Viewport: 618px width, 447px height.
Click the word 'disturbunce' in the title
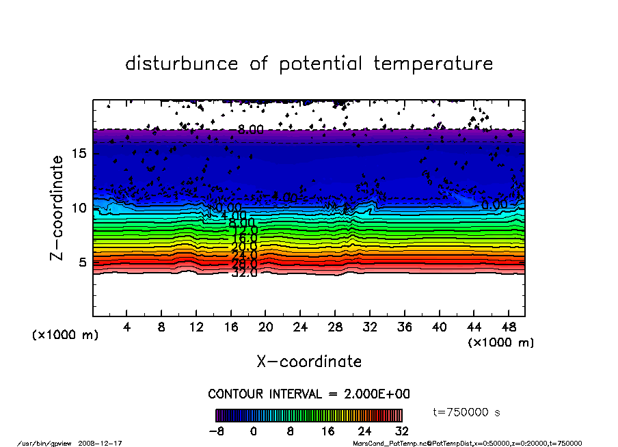182,64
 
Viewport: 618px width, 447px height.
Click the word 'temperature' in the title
433,64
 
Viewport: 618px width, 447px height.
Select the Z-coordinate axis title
57,208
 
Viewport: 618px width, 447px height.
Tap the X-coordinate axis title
309,361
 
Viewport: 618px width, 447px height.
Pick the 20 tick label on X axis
265,326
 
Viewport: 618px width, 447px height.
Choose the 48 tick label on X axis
508,326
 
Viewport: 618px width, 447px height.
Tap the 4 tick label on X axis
127,326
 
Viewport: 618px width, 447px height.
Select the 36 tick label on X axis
404,326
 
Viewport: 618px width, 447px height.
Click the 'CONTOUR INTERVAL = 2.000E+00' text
309,394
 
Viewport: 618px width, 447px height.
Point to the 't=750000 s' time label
467,412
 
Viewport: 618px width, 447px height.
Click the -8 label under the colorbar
217,431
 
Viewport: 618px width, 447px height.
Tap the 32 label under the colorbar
401,431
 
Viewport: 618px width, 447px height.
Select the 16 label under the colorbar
327,431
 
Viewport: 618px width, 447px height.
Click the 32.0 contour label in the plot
244,273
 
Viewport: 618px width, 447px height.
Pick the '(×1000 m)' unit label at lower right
501,342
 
